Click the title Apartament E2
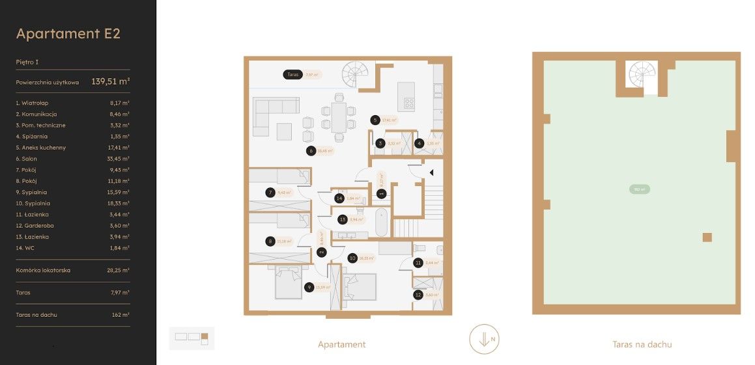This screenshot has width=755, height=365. click(x=68, y=34)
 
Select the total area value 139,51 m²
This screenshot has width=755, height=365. click(x=110, y=82)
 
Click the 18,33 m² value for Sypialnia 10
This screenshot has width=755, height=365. click(x=119, y=203)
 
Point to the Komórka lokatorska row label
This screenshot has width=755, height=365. click(x=43, y=270)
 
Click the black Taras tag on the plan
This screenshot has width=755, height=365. click(x=292, y=75)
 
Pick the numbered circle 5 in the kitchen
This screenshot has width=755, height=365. click(x=375, y=120)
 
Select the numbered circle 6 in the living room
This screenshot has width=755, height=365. click(x=311, y=151)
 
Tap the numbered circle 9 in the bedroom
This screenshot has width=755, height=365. click(x=309, y=287)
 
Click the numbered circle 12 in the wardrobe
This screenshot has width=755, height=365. click(x=418, y=295)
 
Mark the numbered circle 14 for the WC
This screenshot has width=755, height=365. click(x=339, y=198)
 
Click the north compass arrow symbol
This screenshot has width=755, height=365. click(x=483, y=339)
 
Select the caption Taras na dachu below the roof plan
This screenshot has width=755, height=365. click(x=642, y=345)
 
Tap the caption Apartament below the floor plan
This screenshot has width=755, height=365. click(x=341, y=345)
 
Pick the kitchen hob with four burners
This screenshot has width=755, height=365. click(x=410, y=102)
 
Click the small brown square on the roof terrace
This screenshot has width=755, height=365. click(x=707, y=237)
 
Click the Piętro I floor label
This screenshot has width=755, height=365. click(x=27, y=62)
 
